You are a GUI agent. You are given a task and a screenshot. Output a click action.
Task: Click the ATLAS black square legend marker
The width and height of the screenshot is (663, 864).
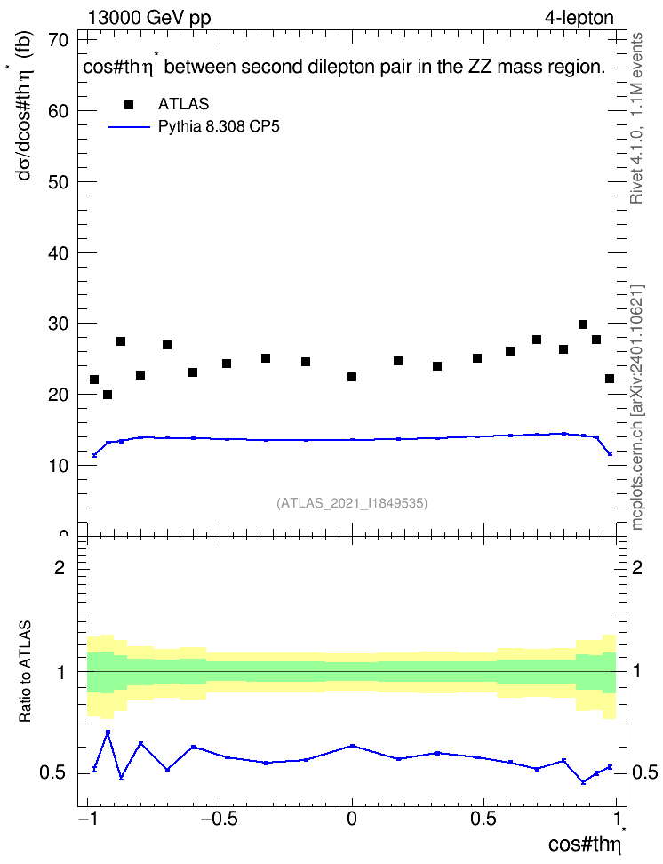click(129, 105)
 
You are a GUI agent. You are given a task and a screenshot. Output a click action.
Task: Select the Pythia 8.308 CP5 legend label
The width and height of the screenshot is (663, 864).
click(219, 127)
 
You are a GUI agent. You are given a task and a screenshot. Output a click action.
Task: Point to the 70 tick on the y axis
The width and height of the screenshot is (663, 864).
click(59, 40)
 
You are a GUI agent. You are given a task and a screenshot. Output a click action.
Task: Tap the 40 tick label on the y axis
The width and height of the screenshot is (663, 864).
click(59, 253)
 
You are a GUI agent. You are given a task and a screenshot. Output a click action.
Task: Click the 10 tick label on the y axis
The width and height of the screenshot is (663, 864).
click(59, 466)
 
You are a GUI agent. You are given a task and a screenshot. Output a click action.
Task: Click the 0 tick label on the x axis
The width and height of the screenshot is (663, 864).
click(352, 819)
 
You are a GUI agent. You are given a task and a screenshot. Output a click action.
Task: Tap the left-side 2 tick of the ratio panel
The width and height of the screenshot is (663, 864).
click(60, 567)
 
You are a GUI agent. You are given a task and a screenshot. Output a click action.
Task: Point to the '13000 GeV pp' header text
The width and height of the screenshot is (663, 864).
click(149, 18)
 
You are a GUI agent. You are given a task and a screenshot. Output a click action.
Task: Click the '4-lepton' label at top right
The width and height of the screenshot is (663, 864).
click(579, 18)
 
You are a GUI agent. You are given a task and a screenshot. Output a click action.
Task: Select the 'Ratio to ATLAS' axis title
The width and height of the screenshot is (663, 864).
click(25, 671)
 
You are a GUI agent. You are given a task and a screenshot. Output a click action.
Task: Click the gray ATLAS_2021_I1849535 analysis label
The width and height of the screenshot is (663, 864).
click(352, 503)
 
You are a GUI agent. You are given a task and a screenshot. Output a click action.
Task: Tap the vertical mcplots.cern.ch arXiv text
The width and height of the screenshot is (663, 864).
click(637, 407)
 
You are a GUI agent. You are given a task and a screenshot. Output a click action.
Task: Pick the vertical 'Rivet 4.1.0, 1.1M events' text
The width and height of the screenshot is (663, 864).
click(636, 118)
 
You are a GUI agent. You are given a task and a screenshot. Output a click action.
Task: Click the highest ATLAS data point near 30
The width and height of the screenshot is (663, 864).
click(583, 324)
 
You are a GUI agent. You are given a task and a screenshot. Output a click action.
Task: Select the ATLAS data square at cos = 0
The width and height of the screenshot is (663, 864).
click(352, 377)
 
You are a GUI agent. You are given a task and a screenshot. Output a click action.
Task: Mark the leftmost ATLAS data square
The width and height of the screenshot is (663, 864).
click(94, 380)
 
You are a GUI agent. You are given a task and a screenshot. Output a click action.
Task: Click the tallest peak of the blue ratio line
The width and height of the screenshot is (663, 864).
click(108, 732)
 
